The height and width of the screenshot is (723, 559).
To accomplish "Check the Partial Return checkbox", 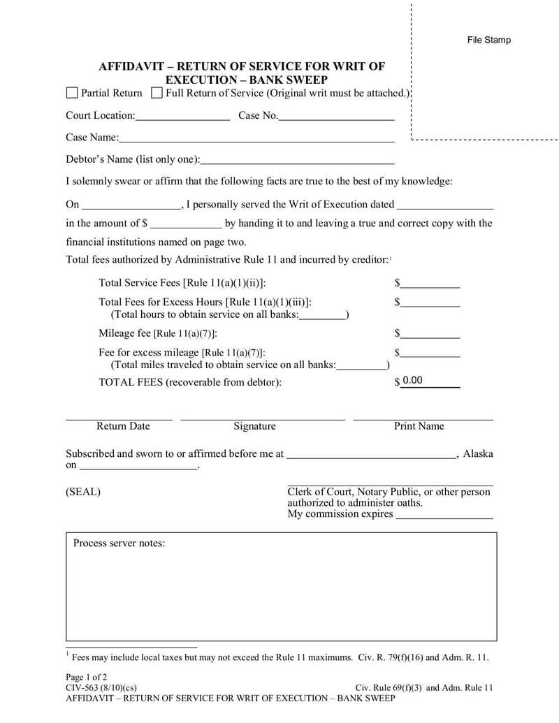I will [72, 93].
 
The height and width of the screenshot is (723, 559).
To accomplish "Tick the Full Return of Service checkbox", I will [157, 93].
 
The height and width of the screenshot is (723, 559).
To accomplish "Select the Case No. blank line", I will [337, 116].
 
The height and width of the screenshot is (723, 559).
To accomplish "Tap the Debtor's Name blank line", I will [297, 160].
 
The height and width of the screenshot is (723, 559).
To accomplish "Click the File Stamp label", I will [489, 40].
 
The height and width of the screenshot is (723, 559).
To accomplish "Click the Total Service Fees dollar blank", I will [430, 283].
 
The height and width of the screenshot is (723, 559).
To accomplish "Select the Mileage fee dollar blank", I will [430, 333].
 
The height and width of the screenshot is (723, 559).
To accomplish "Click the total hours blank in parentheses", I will [322, 314].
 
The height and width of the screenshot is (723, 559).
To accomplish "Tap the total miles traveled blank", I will [361, 365].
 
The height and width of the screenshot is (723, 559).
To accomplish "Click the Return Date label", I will [123, 426].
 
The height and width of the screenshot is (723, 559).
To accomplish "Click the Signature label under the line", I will [254, 426].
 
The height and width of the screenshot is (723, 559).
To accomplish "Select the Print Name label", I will [419, 426].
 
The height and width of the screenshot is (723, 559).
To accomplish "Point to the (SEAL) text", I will [83, 492].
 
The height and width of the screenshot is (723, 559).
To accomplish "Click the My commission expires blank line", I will [444, 515].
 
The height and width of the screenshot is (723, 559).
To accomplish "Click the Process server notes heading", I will [119, 543].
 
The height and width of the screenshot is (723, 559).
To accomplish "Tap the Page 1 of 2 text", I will [87, 677].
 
